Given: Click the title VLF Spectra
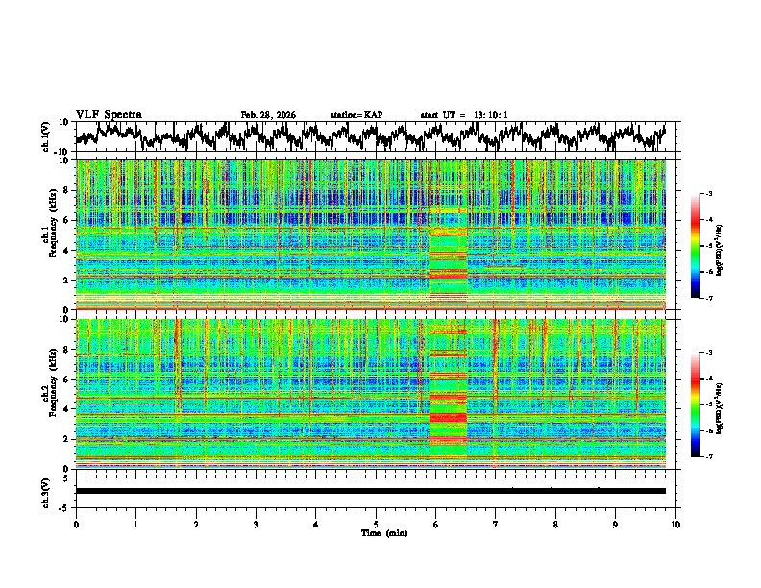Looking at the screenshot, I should tap(109, 114).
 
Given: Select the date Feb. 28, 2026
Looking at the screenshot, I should tap(268, 115).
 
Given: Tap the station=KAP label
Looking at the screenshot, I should tap(356, 115).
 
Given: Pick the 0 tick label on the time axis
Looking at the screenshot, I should tap(76, 524).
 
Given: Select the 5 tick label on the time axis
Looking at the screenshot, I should tap(376, 524).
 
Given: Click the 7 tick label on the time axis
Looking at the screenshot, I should tap(496, 524).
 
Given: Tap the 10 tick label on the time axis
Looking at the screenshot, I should tap(675, 524).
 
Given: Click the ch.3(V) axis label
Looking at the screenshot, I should tap(46, 490).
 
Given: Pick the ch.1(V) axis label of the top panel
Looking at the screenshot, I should tap(46, 136).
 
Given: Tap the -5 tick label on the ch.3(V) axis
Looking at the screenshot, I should tap(62, 505).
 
